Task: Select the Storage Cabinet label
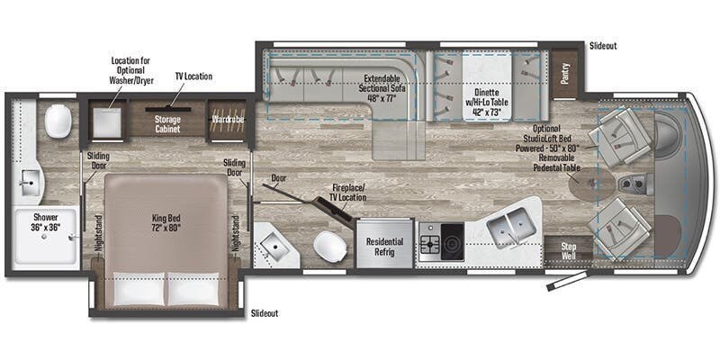[x=167, y=124]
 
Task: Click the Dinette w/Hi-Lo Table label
[x=486, y=97]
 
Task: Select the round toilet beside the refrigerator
[x=329, y=246]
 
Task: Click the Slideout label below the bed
[x=265, y=312]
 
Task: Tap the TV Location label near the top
[x=193, y=76]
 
